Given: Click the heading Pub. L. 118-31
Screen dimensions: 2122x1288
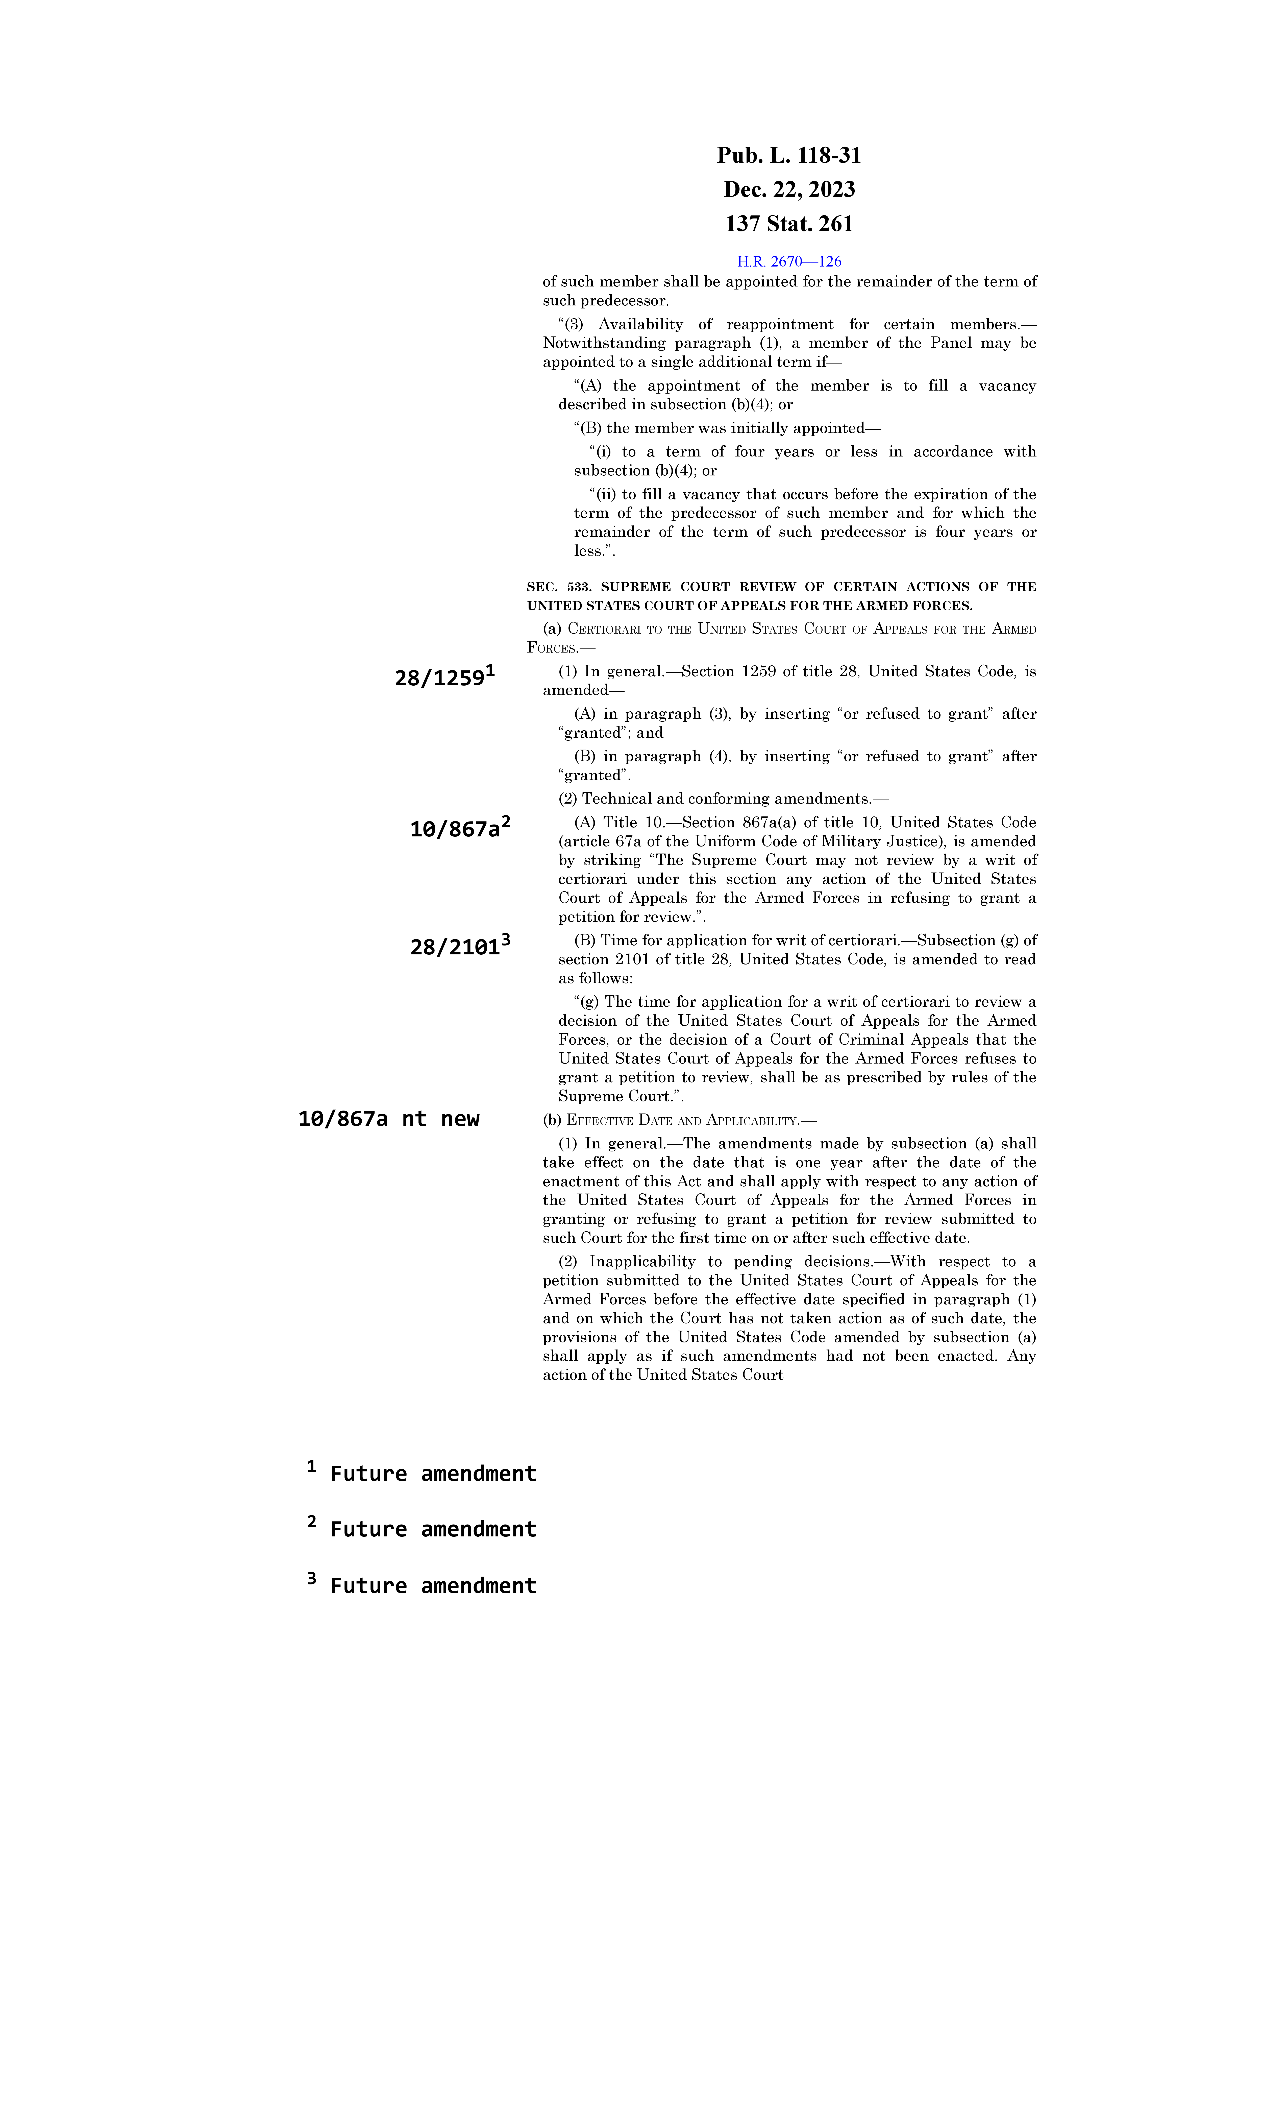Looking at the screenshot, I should coord(789,156).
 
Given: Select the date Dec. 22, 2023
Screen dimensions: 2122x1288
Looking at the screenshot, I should coord(789,189).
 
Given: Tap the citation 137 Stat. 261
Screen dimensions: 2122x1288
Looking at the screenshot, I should coord(789,224).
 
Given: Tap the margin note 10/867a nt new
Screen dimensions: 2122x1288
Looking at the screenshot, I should coord(388,1119).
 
